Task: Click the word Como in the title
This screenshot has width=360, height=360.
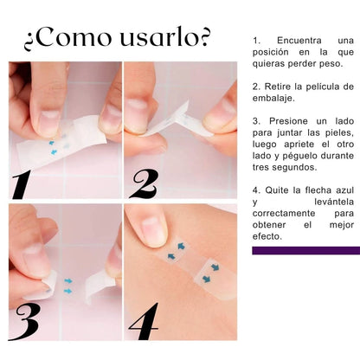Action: [x=74, y=37]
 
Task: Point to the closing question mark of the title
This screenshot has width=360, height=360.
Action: [x=204, y=36]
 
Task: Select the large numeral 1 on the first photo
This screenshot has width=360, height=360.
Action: [x=21, y=184]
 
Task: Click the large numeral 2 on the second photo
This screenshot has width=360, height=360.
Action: [x=145, y=183]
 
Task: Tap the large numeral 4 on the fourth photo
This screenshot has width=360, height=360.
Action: [x=144, y=321]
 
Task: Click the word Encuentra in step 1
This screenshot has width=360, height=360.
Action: [x=299, y=41]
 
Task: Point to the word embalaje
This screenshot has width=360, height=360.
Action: [x=273, y=99]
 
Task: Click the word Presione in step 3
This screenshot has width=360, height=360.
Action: [x=288, y=121]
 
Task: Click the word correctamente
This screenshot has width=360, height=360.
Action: [x=284, y=214]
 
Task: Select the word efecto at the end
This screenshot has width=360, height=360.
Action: [x=267, y=236]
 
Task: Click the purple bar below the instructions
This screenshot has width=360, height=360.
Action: [x=306, y=250]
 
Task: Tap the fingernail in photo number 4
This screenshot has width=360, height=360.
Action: [x=154, y=231]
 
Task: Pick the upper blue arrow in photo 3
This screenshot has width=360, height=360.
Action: [x=68, y=280]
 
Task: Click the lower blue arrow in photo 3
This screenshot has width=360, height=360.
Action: [x=67, y=291]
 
